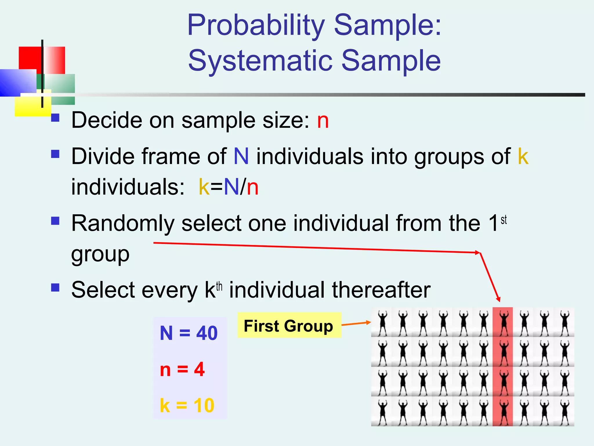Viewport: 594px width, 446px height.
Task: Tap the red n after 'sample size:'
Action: [x=323, y=121]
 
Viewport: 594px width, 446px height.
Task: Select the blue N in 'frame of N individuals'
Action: [x=241, y=157]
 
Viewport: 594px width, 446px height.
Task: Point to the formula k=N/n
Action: [x=229, y=187]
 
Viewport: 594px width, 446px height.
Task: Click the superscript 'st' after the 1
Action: [x=504, y=220]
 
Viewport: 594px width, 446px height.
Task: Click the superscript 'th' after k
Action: [x=219, y=287]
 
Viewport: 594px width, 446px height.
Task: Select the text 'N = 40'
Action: [x=189, y=333]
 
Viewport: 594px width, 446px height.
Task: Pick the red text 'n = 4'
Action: [x=182, y=370]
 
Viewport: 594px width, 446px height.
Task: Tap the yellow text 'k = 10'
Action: [x=187, y=405]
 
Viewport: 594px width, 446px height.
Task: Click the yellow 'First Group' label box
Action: [x=289, y=325]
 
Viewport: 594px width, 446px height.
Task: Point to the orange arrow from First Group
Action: [x=356, y=323]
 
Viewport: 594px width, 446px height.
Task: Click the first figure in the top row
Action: [x=382, y=322]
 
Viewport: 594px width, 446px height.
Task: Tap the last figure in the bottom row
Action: [x=564, y=412]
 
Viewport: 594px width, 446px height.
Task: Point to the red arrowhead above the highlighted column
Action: [x=498, y=299]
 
